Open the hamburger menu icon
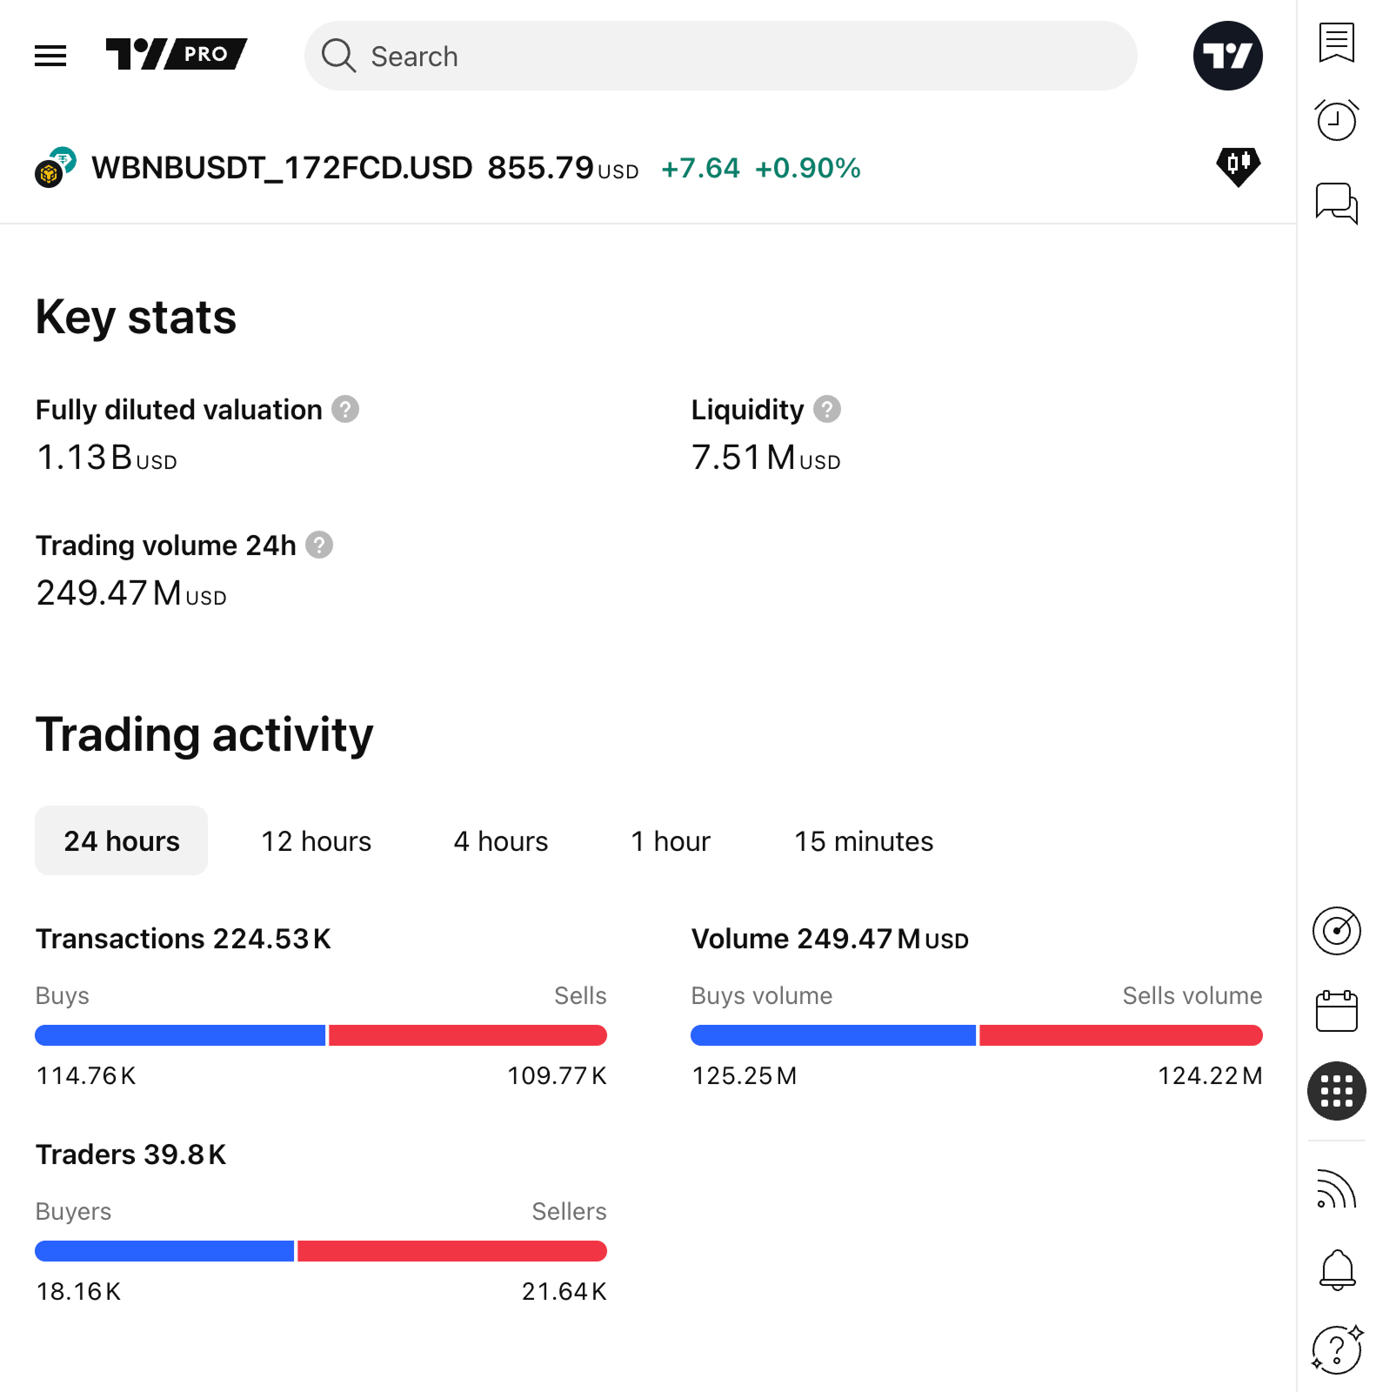[x=50, y=57]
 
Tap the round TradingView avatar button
[x=1227, y=57]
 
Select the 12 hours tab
[x=316, y=841]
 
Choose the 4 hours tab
[x=501, y=841]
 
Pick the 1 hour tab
[x=671, y=841]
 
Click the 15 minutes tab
[x=863, y=841]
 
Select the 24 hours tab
[x=122, y=841]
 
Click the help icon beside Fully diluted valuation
[x=345, y=409]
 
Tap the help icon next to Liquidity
[x=827, y=409]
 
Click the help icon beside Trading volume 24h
[x=319, y=545]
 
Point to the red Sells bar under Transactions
[x=467, y=1035]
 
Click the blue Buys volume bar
[x=832, y=1035]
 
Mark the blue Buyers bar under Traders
[x=164, y=1251]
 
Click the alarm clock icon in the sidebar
[x=1336, y=120]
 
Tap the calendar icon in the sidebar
[x=1336, y=1011]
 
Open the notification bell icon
[x=1337, y=1270]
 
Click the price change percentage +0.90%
[x=807, y=168]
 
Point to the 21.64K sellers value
[x=564, y=1292]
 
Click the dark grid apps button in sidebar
[x=1336, y=1091]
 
